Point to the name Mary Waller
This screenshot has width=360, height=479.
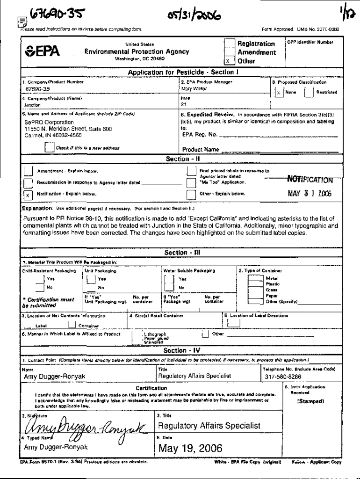coord(192,88)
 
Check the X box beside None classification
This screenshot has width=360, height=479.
coord(279,92)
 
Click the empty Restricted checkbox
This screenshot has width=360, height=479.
coord(309,92)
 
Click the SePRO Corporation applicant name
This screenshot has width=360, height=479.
coord(45,123)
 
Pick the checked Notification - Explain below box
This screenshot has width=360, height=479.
coord(28,194)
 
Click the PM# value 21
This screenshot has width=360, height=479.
coord(183,105)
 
